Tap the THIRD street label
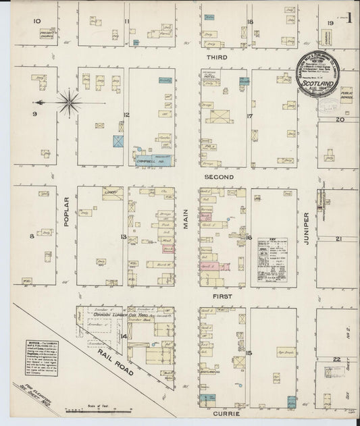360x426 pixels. pos(224,59)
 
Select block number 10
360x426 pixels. pos(38,21)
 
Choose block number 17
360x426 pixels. pos(249,116)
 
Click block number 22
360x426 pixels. pos(337,359)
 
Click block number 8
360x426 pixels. pos(31,236)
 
